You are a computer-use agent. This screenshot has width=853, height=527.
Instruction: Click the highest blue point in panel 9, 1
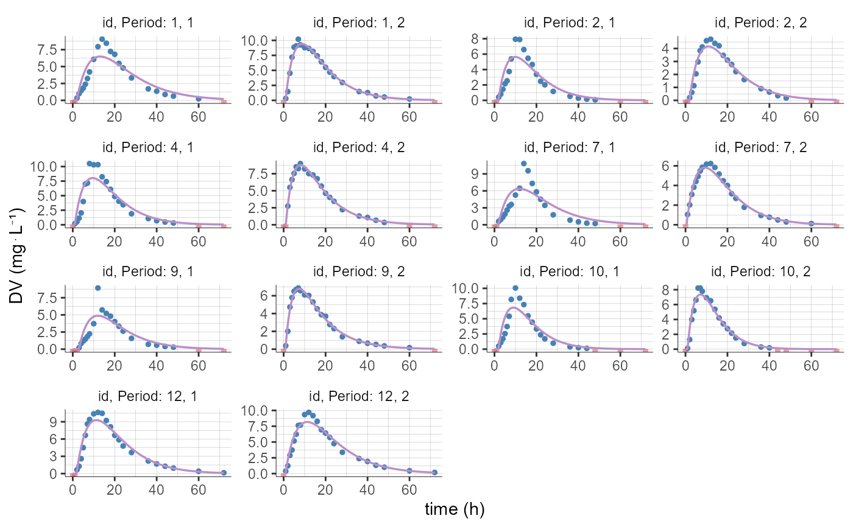98,288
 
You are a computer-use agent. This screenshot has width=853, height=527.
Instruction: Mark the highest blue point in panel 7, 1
523,163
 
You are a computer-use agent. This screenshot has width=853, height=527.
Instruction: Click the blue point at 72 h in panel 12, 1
224,472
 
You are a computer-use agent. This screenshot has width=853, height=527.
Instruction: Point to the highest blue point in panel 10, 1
515,288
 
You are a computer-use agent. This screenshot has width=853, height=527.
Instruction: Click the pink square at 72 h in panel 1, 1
224,101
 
